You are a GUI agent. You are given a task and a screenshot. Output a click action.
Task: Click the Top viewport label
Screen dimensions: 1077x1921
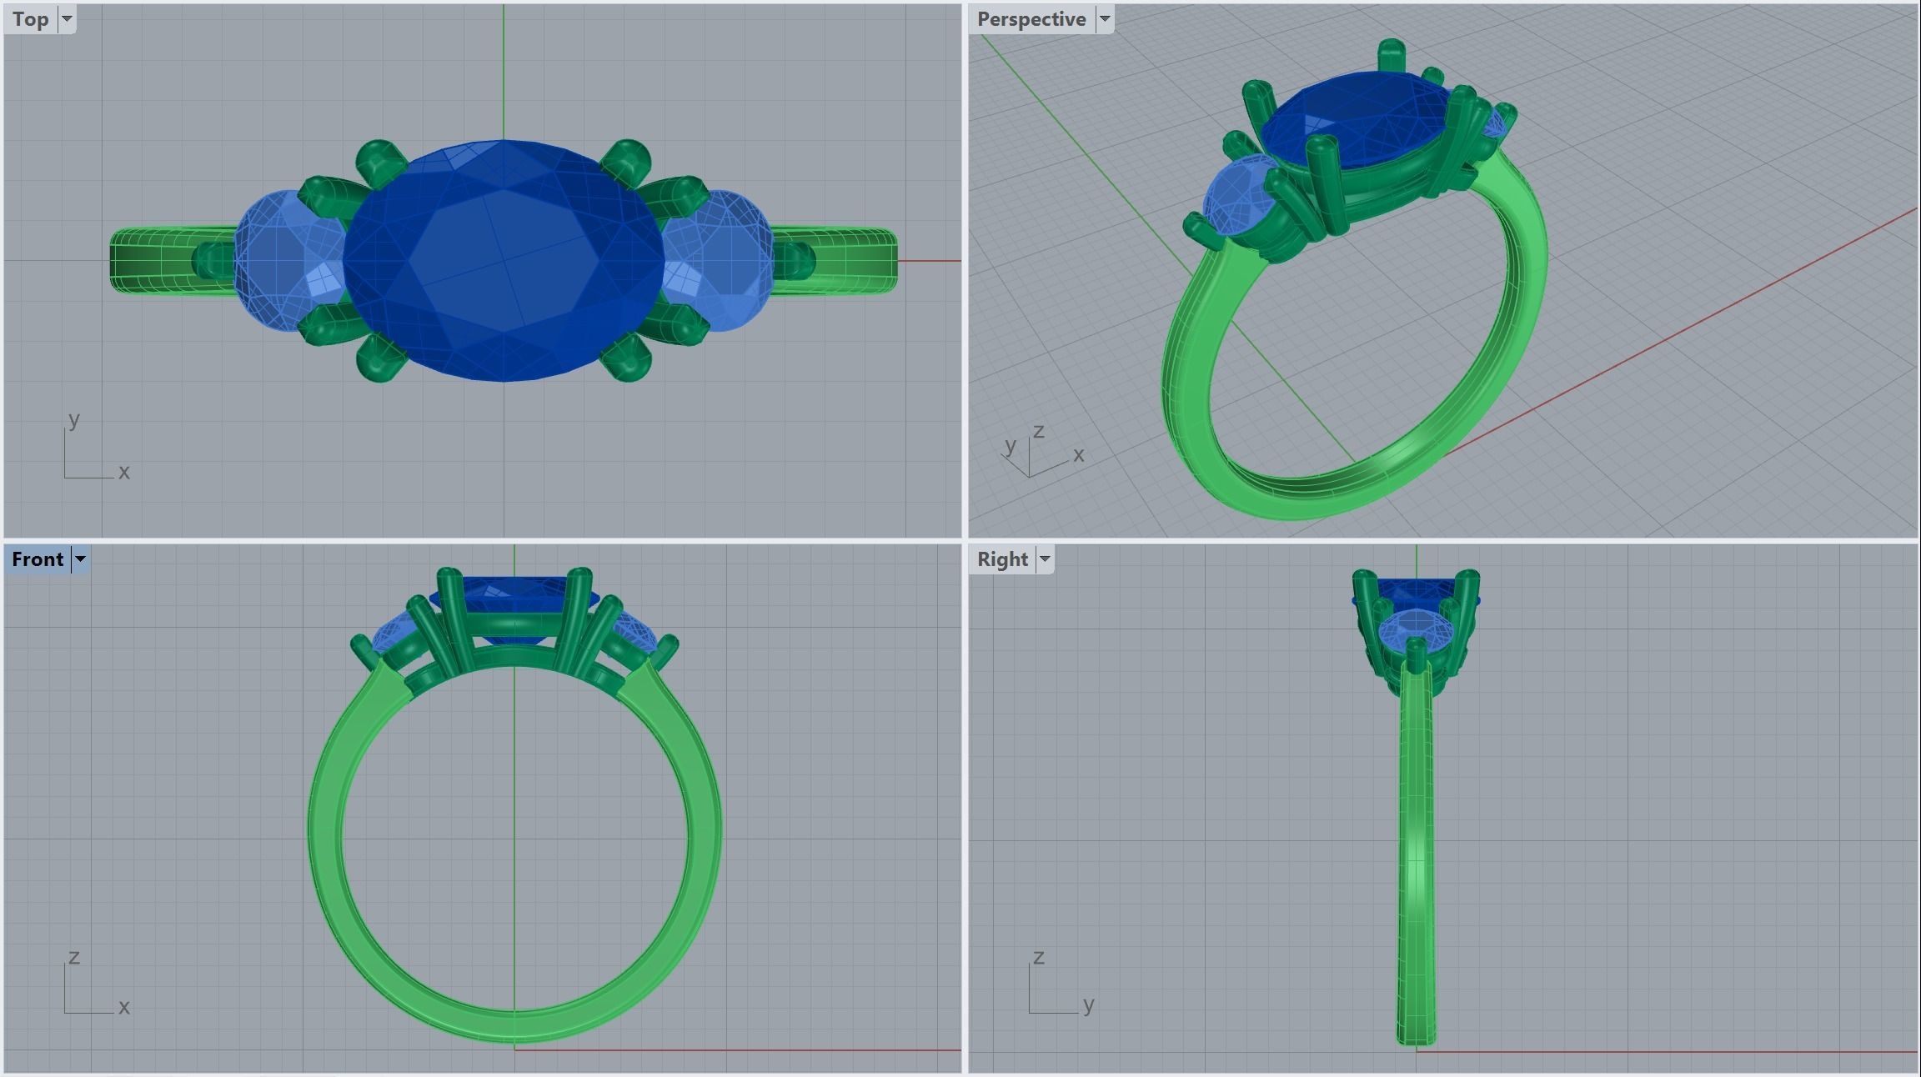click(31, 19)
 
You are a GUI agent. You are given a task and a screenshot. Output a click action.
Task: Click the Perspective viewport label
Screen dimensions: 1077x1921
click(1031, 19)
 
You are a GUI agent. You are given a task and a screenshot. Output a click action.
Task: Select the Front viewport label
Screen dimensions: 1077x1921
click(38, 559)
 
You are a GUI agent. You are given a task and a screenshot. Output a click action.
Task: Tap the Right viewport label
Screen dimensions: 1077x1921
click(1002, 559)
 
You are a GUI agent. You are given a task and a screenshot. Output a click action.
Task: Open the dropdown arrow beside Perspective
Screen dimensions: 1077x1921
click(1105, 19)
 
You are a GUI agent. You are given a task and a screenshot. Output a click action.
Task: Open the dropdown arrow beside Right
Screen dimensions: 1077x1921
click(1045, 559)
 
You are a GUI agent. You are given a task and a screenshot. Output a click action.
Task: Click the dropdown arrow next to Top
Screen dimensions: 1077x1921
click(68, 19)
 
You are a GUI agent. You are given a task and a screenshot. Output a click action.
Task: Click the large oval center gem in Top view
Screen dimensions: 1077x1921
click(504, 260)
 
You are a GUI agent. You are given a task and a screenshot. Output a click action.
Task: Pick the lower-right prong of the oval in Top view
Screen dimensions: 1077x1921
click(628, 360)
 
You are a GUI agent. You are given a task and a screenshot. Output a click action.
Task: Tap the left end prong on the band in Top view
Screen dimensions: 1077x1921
click(208, 260)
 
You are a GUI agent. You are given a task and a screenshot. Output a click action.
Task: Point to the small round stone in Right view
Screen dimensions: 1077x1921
click(1416, 626)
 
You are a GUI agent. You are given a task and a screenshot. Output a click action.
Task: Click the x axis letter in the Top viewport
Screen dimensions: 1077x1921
click(124, 472)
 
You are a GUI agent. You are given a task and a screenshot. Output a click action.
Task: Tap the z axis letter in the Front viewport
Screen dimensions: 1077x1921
click(74, 957)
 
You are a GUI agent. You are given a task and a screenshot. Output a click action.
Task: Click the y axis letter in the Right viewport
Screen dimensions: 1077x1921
click(1088, 1005)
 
